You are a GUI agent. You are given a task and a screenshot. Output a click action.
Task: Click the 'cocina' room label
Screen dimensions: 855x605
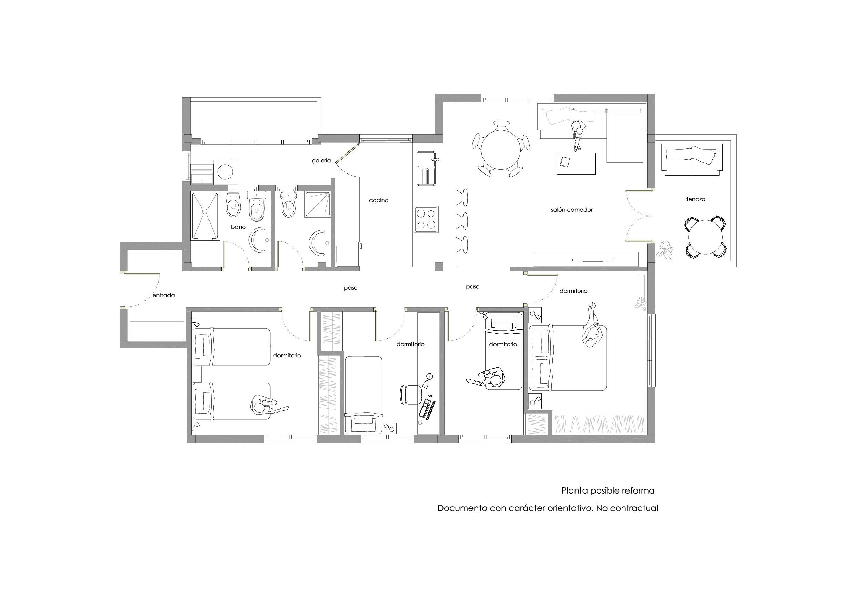[379, 200]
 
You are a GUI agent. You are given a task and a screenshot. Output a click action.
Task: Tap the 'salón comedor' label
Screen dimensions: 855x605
[572, 210]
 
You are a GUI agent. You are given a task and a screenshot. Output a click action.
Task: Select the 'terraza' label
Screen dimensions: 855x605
[696, 199]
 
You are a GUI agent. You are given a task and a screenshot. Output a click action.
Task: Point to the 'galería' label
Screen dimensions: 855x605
[321, 161]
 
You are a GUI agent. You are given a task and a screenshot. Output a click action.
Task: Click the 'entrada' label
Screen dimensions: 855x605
[163, 295]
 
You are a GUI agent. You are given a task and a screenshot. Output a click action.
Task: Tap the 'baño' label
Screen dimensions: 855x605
[238, 227]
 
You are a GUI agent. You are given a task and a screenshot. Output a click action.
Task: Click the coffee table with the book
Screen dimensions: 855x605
[576, 163]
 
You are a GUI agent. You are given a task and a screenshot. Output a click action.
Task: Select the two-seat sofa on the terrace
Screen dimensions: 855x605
[692, 161]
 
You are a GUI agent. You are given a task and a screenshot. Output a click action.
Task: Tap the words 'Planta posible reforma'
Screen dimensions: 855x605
[608, 490]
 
